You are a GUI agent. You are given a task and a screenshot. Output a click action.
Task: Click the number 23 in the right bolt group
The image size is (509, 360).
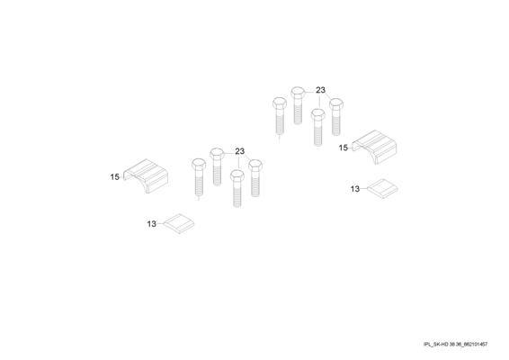[320, 90]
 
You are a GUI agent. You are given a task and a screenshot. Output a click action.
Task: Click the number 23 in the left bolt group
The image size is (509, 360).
[239, 151]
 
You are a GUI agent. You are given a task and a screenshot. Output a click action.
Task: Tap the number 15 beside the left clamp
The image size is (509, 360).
[114, 177]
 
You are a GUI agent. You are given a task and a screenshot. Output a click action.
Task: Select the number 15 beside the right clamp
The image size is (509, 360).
[344, 148]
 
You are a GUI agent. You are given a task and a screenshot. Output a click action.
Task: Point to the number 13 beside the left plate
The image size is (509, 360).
[152, 224]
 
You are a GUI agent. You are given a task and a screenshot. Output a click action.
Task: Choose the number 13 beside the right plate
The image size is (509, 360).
[355, 189]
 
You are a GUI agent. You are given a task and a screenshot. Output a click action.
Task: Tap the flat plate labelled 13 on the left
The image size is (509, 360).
[179, 223]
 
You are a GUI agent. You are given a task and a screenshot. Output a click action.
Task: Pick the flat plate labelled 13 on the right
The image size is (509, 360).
[382, 188]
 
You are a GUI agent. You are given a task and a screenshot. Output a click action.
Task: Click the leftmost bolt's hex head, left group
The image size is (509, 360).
[199, 164]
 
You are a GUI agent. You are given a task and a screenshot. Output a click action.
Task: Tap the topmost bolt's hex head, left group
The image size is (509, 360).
[217, 153]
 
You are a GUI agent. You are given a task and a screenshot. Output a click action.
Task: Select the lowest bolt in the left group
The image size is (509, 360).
[237, 189]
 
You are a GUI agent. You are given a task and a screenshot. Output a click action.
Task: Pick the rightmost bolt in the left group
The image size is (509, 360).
[255, 178]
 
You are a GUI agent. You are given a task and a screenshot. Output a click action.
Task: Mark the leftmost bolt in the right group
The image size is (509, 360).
[280, 116]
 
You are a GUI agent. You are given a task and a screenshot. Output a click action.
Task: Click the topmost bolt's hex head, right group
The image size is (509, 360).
[298, 92]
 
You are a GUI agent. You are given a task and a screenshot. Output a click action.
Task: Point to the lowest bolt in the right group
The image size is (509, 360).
[318, 128]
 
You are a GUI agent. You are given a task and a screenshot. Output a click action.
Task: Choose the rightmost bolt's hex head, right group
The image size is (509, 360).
[336, 104]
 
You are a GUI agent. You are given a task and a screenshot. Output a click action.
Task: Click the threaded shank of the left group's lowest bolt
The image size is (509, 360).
[237, 194]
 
